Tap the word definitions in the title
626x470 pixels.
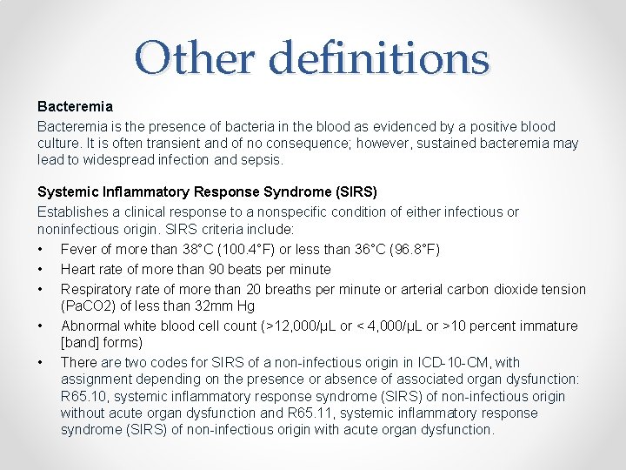[379, 58]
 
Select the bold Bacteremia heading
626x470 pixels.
[75, 106]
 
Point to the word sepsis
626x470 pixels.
[262, 160]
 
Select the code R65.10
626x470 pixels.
[82, 396]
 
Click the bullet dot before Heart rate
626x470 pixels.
[41, 270]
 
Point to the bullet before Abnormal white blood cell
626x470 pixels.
[41, 326]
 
